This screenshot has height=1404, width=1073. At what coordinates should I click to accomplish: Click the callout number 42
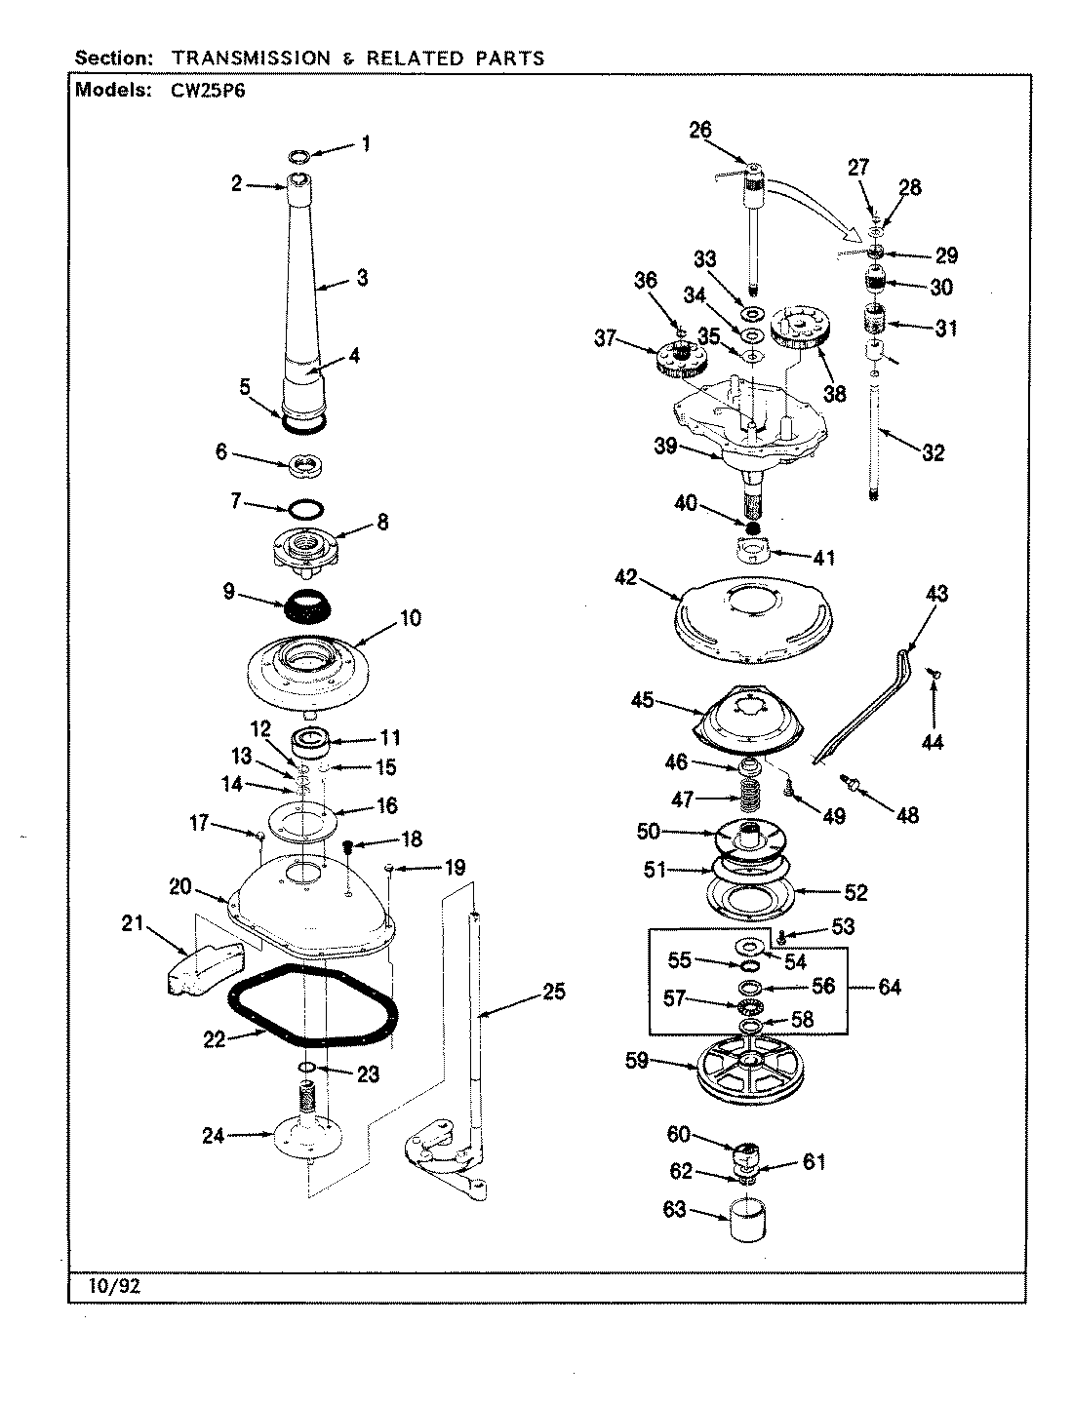(x=626, y=578)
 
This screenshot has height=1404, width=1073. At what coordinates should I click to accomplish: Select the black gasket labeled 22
(x=312, y=1009)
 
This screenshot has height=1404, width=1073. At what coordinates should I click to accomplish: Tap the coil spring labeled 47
(x=749, y=798)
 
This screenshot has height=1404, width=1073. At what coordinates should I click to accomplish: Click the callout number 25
(x=553, y=993)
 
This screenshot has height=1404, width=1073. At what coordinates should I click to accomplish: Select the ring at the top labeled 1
(x=300, y=155)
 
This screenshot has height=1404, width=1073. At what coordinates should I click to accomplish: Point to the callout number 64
(x=889, y=987)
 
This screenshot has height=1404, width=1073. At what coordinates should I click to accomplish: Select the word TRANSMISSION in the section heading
(x=251, y=58)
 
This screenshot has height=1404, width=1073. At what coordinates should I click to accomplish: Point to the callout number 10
(x=410, y=618)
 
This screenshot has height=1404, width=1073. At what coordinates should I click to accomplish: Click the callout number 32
(x=933, y=452)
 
